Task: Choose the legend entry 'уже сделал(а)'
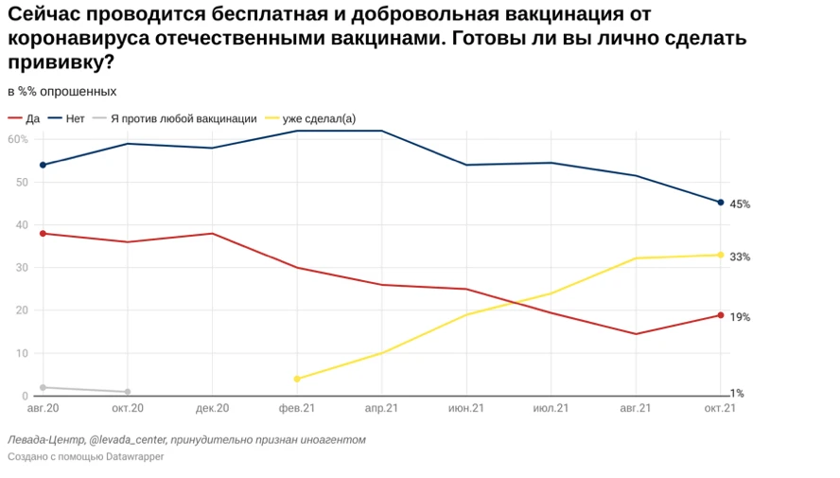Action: coord(319,118)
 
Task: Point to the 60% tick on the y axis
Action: coord(17,139)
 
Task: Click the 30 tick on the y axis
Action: coord(21,268)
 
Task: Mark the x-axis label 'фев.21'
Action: coord(297,409)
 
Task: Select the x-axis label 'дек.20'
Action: coord(212,409)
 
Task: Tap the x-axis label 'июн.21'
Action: coord(466,409)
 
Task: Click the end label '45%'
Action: coord(740,204)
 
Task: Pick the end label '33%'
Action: coord(740,257)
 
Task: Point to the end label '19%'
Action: coord(740,317)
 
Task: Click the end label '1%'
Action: coord(737,393)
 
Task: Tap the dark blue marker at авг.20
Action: coord(43,165)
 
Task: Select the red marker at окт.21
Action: coord(721,315)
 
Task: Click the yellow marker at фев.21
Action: coord(297,379)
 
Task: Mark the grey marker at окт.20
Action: coord(128,392)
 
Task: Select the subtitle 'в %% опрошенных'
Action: coord(62,92)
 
